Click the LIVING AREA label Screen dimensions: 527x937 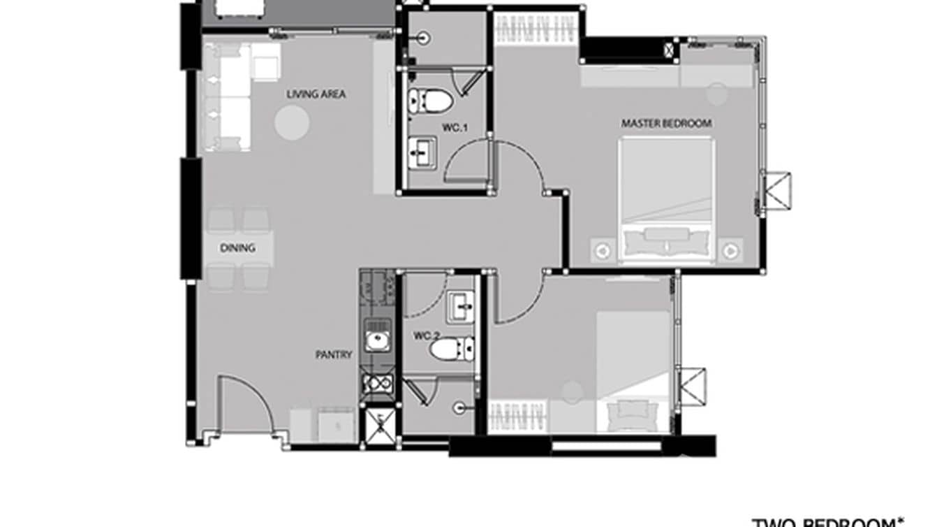click(x=316, y=94)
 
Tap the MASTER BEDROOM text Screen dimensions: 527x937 click(x=666, y=124)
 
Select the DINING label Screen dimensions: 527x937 click(x=237, y=248)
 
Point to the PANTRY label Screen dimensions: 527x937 click(x=334, y=355)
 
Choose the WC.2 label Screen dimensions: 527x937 click(x=427, y=336)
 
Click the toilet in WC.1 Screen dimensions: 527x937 click(x=431, y=101)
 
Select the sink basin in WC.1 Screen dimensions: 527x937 click(x=422, y=151)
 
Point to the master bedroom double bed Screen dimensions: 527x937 click(x=666, y=199)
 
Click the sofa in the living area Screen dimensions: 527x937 click(x=228, y=98)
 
